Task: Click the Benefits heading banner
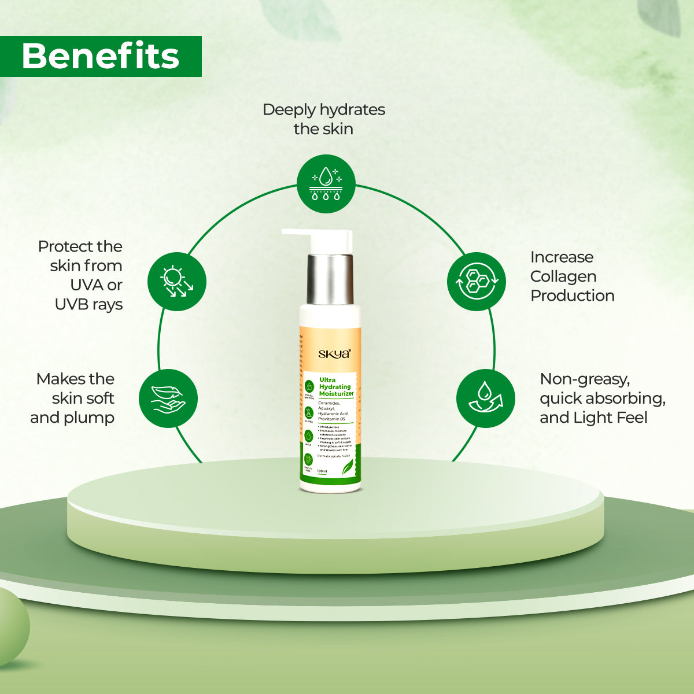pos(101,56)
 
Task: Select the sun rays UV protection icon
pos(177,282)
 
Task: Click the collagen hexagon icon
pos(477,281)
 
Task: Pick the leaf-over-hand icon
pos(168,398)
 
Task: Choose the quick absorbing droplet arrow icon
pos(485,398)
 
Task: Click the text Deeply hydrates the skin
pos(324,119)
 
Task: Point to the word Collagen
pos(563,276)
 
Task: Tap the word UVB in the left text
pos(73,304)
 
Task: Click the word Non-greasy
pos(584,379)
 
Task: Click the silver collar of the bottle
pos(330,278)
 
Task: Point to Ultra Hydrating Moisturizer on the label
pos(336,387)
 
